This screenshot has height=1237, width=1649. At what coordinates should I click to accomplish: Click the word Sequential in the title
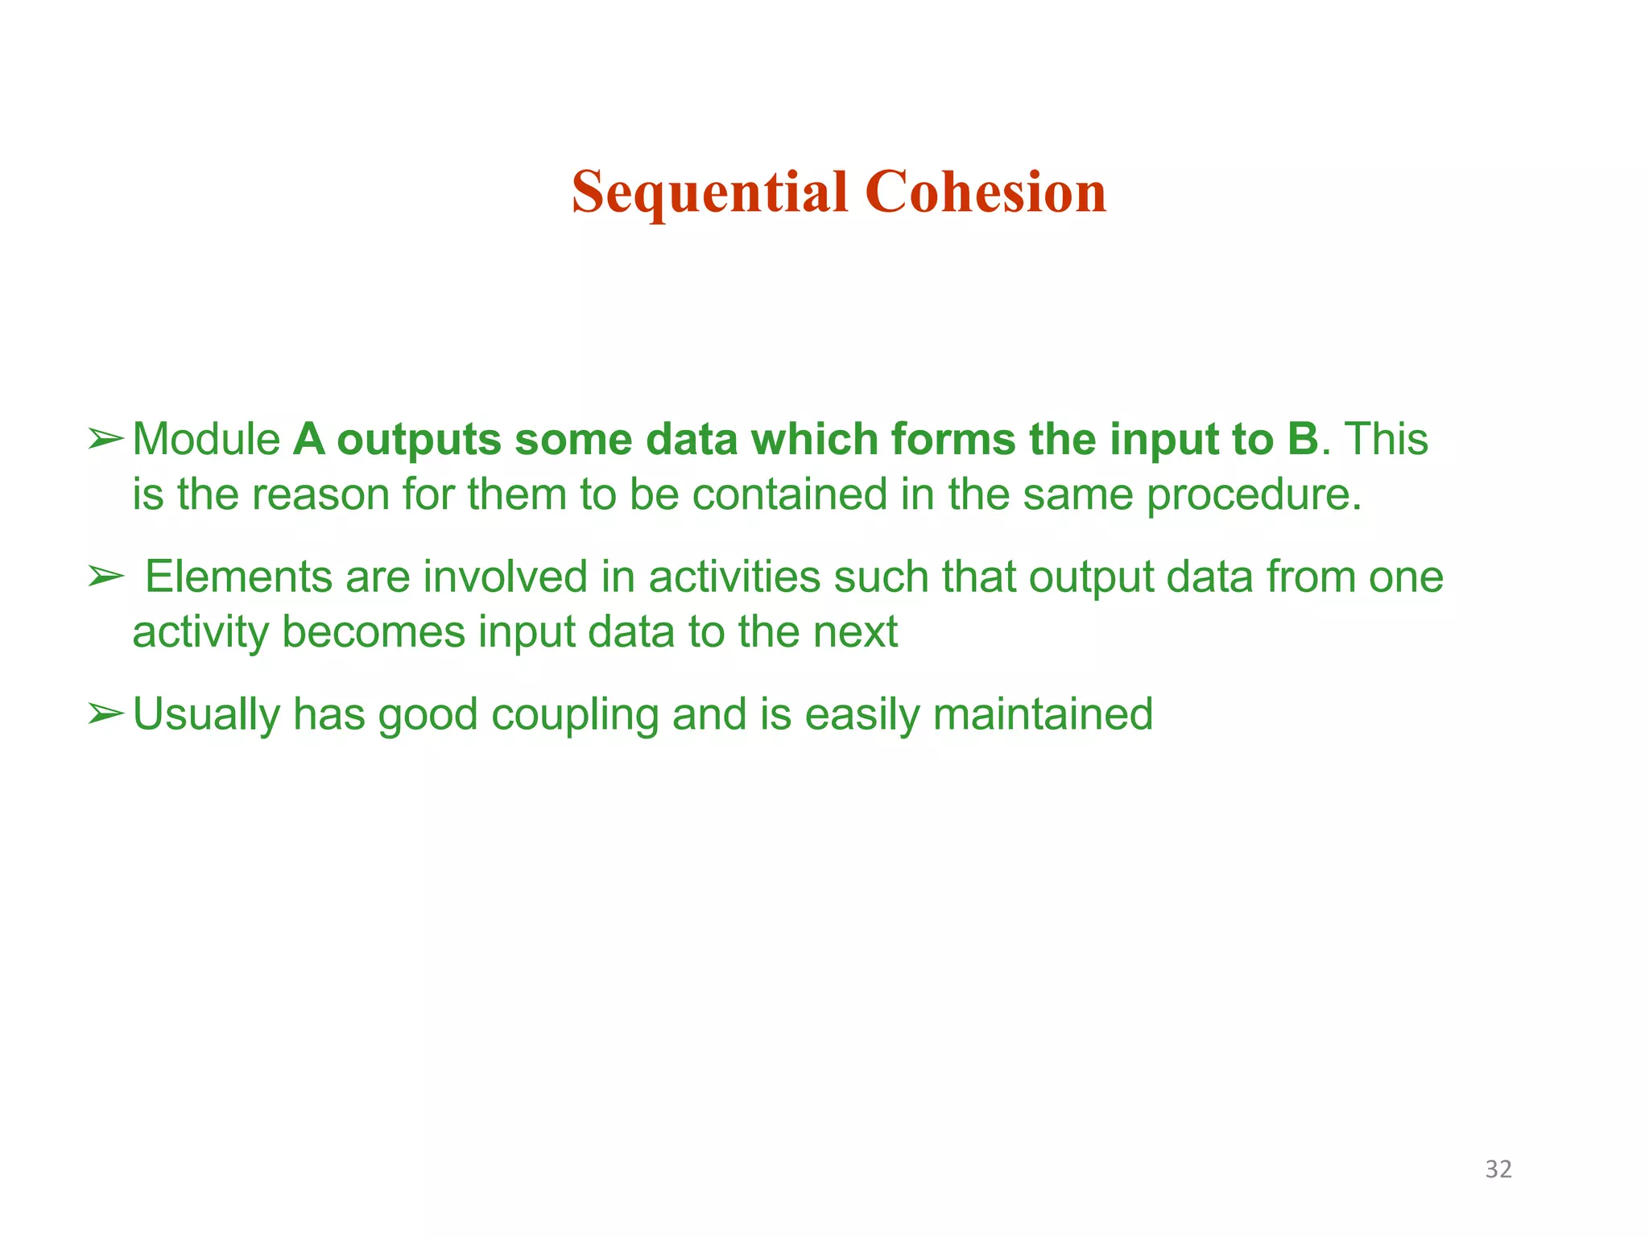pyautogui.click(x=709, y=193)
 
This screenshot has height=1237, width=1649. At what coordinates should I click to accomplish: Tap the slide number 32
pyautogui.click(x=1498, y=1169)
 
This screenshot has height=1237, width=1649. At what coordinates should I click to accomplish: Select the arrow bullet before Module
pyautogui.click(x=105, y=440)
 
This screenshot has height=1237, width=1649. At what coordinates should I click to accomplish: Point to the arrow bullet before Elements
pyautogui.click(x=105, y=577)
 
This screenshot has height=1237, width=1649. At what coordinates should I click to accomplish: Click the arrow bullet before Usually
pyautogui.click(x=105, y=714)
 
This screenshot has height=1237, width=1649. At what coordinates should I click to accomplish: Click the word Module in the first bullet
pyautogui.click(x=206, y=440)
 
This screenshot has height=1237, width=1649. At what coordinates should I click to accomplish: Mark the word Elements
pyautogui.click(x=239, y=577)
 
